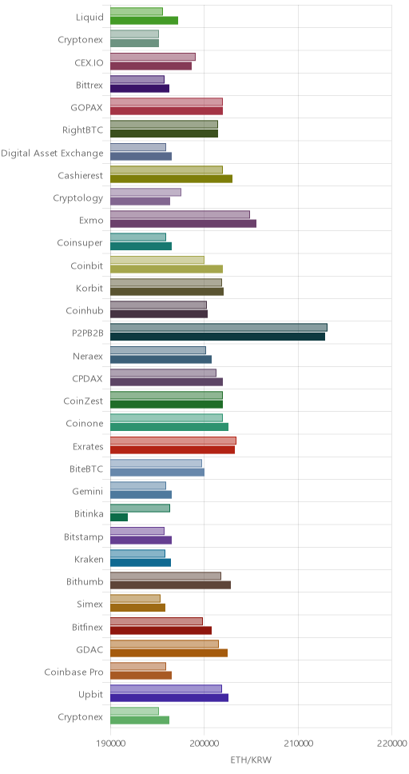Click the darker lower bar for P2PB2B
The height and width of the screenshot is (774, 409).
coord(217,337)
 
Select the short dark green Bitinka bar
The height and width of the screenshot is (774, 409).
coord(119,517)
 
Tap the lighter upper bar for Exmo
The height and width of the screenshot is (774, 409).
coord(180,214)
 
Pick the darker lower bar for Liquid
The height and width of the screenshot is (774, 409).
coord(144,20)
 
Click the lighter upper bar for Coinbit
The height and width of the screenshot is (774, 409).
coord(157,260)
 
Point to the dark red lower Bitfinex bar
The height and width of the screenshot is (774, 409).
coord(161,630)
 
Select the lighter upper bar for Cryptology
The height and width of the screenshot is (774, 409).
coord(145,192)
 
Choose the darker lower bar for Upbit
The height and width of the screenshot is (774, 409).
coord(169,698)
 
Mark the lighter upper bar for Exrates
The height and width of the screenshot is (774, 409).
coord(173,441)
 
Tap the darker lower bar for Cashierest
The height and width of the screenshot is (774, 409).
coord(171,178)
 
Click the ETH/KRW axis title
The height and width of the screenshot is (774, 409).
coord(251,760)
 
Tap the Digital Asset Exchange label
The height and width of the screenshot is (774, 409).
coord(52,153)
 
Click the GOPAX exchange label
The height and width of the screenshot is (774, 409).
coord(87,108)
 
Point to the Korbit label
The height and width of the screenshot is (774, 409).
coord(89,289)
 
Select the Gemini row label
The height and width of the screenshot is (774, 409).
coord(89,491)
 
